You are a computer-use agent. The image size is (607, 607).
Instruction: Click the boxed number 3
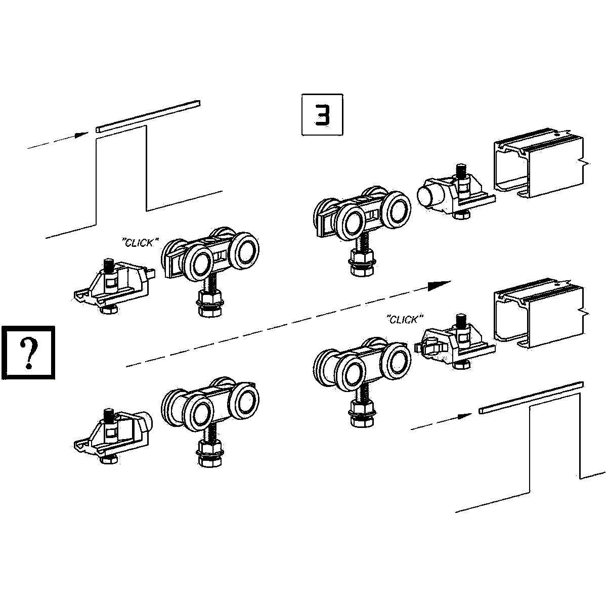[x=322, y=115]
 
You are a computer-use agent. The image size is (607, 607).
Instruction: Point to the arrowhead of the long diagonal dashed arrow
[x=440, y=285]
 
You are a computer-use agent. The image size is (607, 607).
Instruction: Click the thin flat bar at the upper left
[x=149, y=115]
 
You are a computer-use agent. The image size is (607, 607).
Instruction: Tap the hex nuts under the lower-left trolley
[x=209, y=453]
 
